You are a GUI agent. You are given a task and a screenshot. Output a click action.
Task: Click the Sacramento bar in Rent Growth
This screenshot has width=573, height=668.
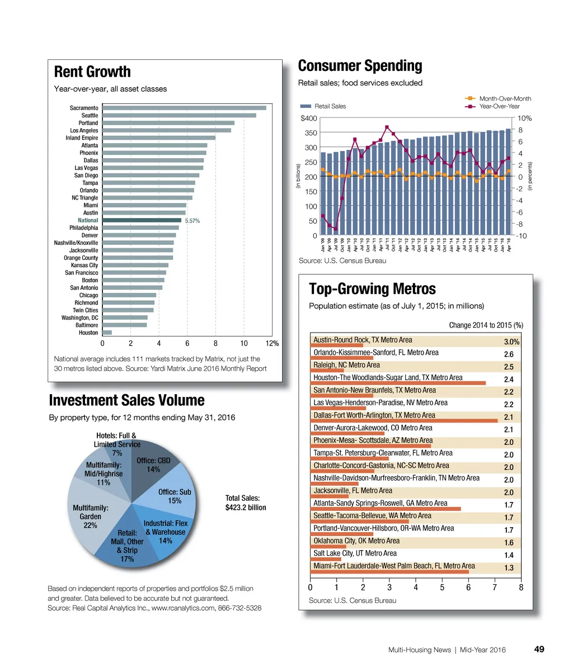point(184,108)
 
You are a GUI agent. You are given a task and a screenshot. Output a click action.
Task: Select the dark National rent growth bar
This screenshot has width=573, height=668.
point(142,220)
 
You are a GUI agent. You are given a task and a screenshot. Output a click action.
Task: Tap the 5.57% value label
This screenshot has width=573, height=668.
point(192,221)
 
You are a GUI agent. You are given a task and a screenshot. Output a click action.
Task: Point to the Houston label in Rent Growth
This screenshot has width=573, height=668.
point(88,333)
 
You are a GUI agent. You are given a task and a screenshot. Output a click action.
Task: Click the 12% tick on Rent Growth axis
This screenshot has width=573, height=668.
point(273,343)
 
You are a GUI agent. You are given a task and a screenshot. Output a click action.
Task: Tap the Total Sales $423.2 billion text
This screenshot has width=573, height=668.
point(246,503)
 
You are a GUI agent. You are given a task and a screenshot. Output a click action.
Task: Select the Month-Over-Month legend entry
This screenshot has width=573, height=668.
point(498,98)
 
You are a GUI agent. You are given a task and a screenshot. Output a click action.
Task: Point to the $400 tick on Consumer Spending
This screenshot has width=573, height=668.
point(309,119)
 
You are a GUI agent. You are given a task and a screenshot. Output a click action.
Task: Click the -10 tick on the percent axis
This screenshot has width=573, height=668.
point(522,236)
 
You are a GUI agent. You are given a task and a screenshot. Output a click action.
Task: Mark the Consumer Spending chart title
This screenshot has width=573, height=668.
point(360,66)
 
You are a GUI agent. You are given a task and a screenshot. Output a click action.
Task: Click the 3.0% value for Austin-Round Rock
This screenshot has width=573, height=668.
point(511,342)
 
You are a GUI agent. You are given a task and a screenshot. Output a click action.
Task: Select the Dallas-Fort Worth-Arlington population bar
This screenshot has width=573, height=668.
point(403,421)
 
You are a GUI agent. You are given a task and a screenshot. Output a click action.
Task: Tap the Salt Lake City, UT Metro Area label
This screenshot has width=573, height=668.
point(355,553)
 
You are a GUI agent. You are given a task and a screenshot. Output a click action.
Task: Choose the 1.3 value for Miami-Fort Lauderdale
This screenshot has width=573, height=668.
point(509,568)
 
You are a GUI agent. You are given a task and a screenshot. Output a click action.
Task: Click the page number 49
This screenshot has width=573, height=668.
point(539,649)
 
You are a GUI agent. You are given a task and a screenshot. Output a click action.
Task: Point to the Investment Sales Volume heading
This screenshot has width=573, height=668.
point(127,400)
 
